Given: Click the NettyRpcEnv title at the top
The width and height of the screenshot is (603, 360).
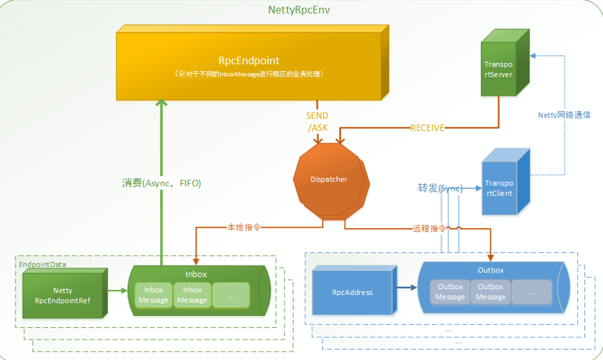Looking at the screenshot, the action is point(299,10).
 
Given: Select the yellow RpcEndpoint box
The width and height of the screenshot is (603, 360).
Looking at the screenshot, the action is point(252,62).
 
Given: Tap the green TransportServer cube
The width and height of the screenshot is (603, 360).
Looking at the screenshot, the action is point(505,62).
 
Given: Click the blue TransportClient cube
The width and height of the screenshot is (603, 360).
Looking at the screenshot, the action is point(506,181).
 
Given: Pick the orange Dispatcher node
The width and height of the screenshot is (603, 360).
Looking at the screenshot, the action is point(331,181).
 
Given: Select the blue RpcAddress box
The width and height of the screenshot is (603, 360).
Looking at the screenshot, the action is point(354,290).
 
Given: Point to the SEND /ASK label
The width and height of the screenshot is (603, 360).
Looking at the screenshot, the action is point(317,121).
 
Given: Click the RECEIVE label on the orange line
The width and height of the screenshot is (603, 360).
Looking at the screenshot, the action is point(427,128).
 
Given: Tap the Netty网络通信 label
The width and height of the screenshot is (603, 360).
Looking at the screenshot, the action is point(564,115).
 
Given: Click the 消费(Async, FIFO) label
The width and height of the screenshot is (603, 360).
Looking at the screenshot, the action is point(161,183).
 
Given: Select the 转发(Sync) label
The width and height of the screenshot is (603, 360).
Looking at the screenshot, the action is point(440,188).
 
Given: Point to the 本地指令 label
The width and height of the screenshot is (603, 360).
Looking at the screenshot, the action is point(244,227).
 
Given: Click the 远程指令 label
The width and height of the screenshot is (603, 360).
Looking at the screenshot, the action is point(430,228).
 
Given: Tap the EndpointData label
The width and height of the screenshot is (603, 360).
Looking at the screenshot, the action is point(42,264).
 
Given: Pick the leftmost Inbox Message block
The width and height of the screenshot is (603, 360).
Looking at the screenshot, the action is point(154,295).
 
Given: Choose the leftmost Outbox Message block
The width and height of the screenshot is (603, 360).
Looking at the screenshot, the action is point(450,292).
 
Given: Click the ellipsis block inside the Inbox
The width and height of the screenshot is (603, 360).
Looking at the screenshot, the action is point(231,295).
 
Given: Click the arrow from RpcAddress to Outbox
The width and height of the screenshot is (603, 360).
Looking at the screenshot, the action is point(407,287).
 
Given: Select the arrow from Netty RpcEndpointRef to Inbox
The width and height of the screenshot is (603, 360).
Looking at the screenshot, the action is point(117,290).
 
